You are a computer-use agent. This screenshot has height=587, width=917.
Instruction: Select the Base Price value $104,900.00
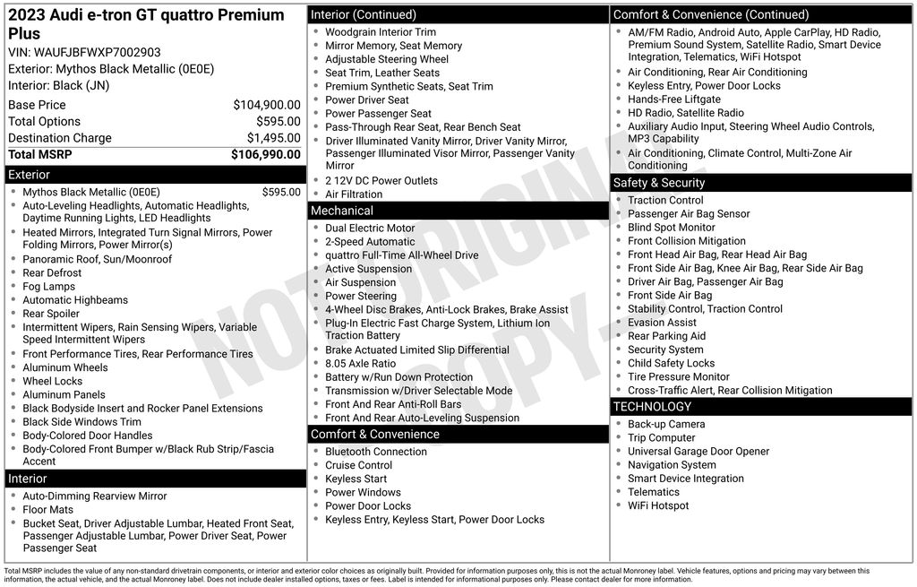pos(266,105)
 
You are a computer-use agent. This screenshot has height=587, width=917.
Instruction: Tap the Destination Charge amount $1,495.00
pos(273,138)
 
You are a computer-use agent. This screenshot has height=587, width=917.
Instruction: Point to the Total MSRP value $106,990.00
pos(265,154)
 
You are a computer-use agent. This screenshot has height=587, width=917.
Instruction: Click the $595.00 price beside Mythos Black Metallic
pos(281,192)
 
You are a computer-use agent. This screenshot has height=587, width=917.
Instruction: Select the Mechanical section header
pos(341,211)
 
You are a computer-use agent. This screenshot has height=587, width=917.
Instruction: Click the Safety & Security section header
pos(658,183)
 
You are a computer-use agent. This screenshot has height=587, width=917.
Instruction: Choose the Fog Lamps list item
pos(49,287)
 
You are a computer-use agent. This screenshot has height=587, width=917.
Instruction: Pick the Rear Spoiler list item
pos(51,314)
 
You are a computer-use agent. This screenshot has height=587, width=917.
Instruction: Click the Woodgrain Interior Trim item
pos(381,32)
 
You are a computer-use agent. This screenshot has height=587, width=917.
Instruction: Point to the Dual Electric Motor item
pos(370,228)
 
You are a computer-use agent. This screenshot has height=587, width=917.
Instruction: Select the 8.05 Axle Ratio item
pos(360,364)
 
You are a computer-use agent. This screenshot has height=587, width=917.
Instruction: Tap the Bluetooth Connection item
pos(376,452)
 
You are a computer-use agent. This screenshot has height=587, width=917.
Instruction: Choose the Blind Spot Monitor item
pos(671,228)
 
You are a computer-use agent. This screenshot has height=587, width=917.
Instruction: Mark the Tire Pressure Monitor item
pos(678,376)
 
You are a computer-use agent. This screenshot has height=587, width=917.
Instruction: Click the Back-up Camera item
pos(665,424)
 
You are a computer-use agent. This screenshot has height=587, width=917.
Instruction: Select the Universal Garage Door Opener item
pos(698,452)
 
